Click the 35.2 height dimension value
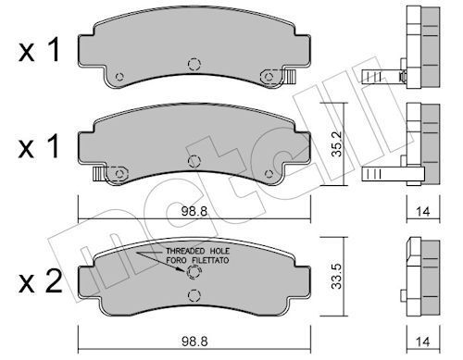[x=337, y=143]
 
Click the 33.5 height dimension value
[x=336, y=276]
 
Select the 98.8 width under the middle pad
[x=194, y=211]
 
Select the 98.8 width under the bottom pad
[x=194, y=341]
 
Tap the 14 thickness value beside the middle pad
[x=423, y=212]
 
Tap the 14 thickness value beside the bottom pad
[x=423, y=341]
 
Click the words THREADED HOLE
[x=198, y=251]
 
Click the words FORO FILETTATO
[x=197, y=260]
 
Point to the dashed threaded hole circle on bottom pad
[x=194, y=272]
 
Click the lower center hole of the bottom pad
[x=194, y=295]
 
